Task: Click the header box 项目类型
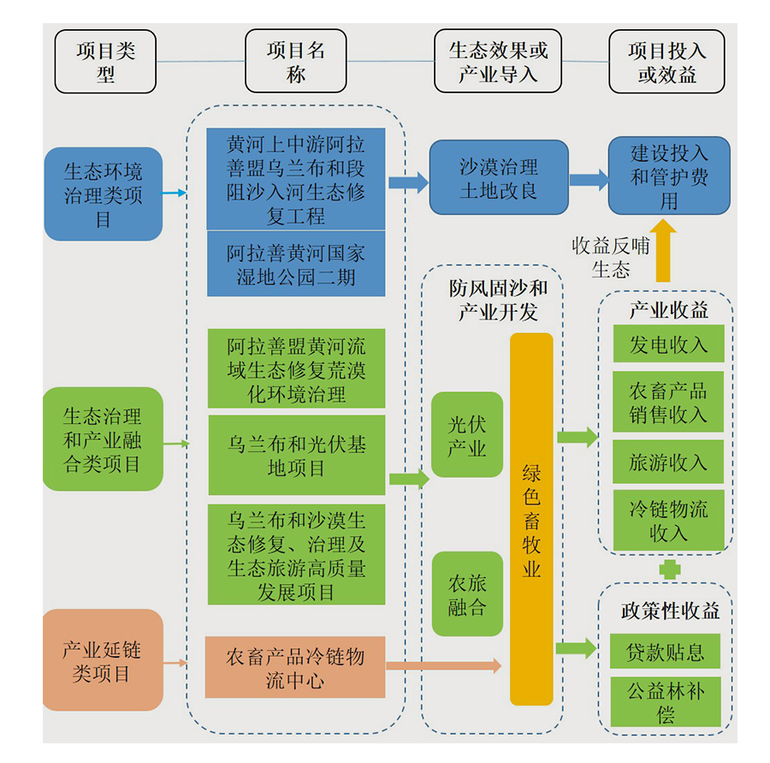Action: pos(105,62)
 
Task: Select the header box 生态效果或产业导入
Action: pos(498,62)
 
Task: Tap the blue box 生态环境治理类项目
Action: pos(103,194)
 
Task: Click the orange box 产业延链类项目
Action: pos(103,660)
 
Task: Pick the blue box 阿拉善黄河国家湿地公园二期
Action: pos(296,265)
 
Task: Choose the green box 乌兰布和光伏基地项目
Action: pos(296,456)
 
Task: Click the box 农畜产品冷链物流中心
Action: pos(295,668)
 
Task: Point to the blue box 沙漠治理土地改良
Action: pos(499,178)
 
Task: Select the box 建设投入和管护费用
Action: pos(669,176)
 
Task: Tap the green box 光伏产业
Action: pos(467,435)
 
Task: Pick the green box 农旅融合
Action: pos(467,594)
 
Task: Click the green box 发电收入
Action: pos(668,344)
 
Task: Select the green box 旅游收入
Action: pos(668,462)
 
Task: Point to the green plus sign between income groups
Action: pos(670,569)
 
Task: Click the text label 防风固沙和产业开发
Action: pos(498,300)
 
